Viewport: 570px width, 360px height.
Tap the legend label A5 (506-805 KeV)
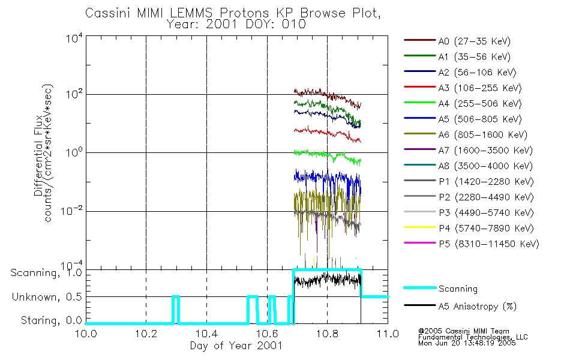pos(480,119)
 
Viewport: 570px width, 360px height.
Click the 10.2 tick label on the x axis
pos(146,334)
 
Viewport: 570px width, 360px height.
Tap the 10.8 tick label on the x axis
pos(327,334)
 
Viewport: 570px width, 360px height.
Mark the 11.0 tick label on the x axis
pos(388,334)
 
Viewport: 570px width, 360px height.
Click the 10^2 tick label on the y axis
pos(74,95)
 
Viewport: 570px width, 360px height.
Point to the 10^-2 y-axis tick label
pos(72,211)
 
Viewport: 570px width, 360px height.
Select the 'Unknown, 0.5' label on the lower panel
pos(47,297)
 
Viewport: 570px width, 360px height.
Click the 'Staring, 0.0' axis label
pos(52,320)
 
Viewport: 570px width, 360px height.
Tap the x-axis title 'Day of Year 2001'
pos(236,346)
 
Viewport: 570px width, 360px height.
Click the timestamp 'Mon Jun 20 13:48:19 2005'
pos(467,343)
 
